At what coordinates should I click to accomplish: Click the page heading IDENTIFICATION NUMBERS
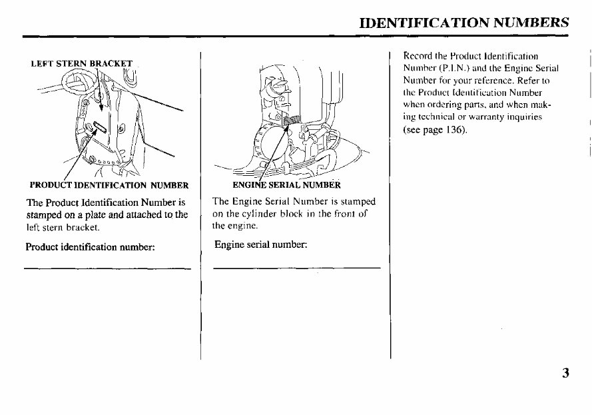point(463,22)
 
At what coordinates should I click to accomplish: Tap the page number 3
point(565,373)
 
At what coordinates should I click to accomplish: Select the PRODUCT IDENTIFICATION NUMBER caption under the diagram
point(109,185)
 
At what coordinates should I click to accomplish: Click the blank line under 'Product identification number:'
point(107,268)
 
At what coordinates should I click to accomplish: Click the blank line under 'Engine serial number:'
point(296,268)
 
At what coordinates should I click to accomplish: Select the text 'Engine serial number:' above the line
point(260,244)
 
